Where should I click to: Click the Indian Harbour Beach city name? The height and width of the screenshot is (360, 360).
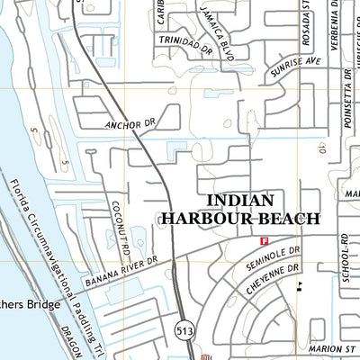click(x=240, y=209)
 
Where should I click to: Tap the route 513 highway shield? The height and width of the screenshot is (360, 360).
click(x=184, y=330)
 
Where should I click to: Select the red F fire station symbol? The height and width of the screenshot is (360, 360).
click(x=265, y=241)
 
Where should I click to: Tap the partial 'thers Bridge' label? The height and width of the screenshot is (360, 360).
click(x=30, y=305)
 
